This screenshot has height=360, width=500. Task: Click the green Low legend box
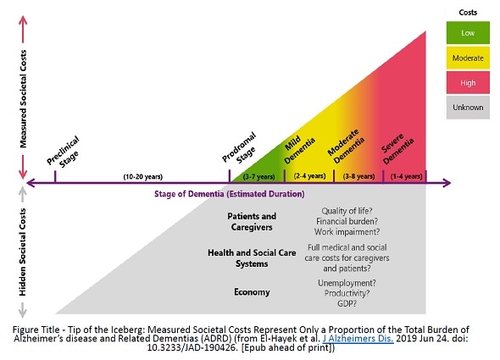click(x=467, y=32)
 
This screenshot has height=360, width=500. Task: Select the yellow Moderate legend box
click(x=467, y=58)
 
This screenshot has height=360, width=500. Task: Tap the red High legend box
click(x=467, y=82)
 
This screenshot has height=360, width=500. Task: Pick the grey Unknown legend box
click(x=467, y=108)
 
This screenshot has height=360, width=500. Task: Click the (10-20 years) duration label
click(x=143, y=176)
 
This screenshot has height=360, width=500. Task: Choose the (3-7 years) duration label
click(x=259, y=176)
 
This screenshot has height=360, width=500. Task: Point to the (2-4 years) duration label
click(x=309, y=176)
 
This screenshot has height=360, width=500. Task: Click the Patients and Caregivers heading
click(x=253, y=222)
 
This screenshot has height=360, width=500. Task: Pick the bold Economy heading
click(x=253, y=292)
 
